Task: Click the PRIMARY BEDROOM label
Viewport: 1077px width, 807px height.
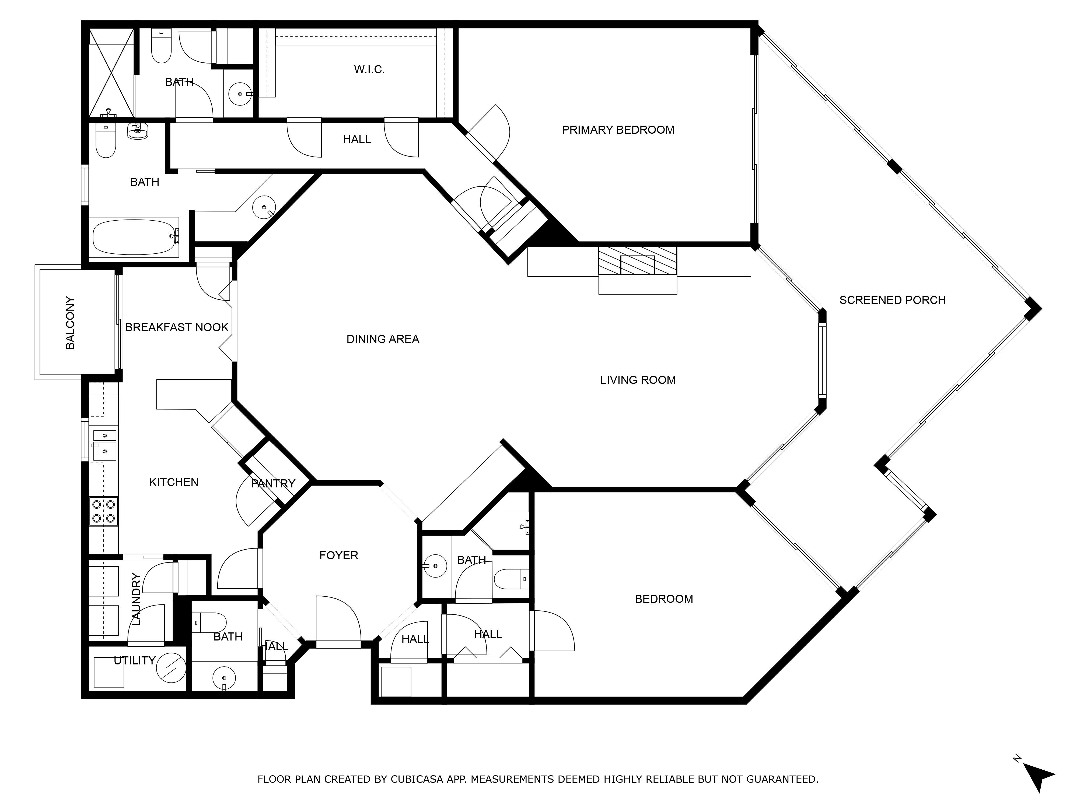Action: point(618,130)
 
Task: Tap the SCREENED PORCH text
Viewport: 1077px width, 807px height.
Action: point(892,300)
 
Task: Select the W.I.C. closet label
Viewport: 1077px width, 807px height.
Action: point(369,70)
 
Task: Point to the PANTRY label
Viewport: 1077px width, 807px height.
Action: point(273,483)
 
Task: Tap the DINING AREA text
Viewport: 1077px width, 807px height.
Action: point(383,339)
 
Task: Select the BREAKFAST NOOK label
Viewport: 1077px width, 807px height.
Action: point(177,327)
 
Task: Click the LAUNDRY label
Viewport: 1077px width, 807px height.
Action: point(136,599)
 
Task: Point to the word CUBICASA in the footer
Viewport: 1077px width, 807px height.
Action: point(416,779)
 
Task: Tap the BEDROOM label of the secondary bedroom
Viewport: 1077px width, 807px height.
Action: point(664,599)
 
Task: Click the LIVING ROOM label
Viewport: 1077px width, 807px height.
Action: point(638,380)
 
